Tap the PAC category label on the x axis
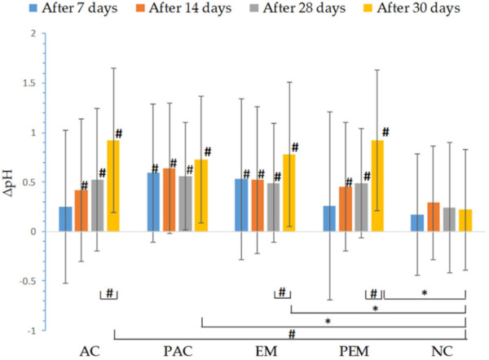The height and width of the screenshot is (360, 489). [177, 351]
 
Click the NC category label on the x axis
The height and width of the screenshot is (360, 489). [441, 351]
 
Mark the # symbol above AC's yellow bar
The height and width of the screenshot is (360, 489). [118, 134]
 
